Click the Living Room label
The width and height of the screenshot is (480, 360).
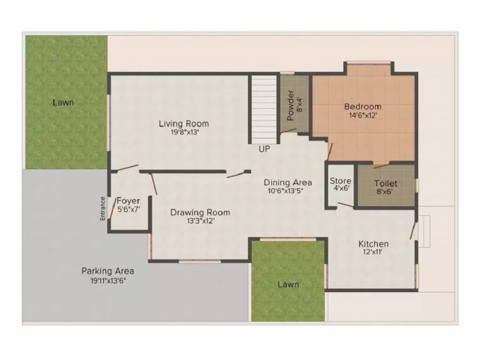[184, 124]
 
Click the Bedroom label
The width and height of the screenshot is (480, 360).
[363, 106]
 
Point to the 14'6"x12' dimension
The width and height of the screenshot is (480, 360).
[363, 115]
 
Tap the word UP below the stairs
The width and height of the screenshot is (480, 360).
[264, 149]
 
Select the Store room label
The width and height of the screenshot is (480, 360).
[340, 181]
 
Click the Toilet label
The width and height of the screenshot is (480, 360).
[386, 184]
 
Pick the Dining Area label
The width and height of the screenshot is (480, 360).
[288, 182]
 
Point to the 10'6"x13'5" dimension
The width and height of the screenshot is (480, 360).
[288, 191]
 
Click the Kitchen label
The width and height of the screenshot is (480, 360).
[373, 244]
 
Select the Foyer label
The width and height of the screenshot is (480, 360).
[128, 201]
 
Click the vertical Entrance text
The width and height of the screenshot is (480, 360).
[103, 208]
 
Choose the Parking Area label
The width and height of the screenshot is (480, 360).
[108, 271]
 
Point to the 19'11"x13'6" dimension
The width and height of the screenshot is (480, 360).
[108, 280]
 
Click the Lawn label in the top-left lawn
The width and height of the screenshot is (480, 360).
[63, 102]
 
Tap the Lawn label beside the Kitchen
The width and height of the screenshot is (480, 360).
[288, 284]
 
